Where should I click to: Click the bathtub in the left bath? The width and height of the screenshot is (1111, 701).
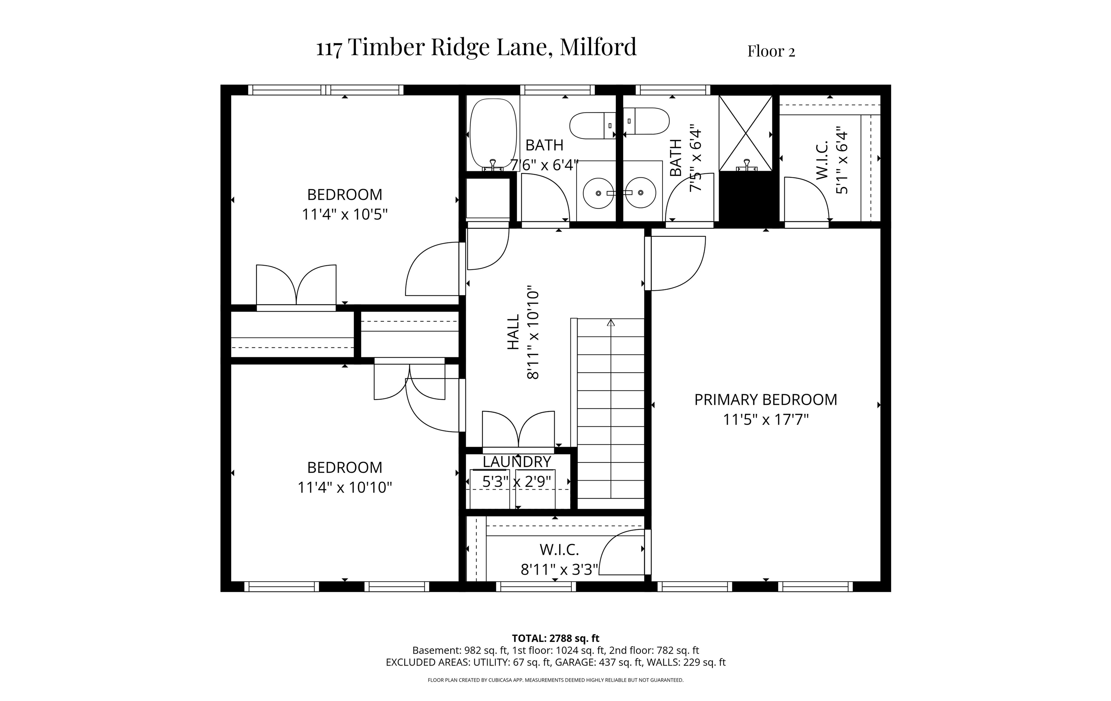493,134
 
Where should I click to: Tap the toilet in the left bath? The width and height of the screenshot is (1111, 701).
592,125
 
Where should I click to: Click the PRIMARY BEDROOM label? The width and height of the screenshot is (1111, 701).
765,400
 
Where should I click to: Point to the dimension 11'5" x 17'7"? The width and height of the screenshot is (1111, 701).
765,420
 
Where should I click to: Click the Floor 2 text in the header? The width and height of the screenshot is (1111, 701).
771,51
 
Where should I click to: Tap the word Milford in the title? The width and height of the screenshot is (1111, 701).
598,47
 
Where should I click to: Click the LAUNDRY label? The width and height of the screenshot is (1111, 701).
517,462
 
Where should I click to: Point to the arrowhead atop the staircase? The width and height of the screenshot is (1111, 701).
611,322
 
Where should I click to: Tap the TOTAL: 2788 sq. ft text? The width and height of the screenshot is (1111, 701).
555,638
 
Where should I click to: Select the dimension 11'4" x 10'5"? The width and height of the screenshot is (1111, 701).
344,215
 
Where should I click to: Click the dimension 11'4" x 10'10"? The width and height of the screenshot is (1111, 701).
344,487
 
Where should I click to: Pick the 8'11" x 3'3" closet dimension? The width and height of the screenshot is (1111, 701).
559,570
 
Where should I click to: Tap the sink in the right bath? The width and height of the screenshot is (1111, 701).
641,193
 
